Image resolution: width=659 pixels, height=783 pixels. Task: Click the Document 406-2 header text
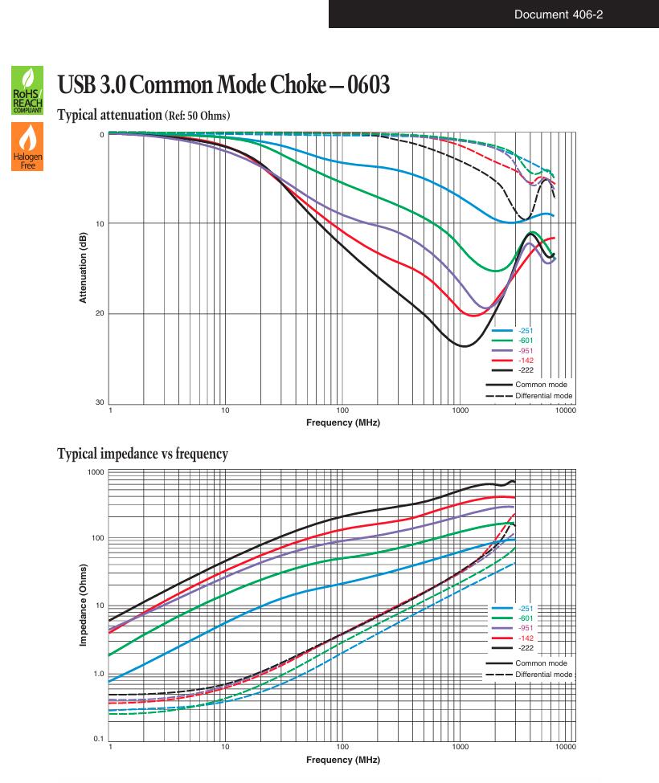point(558,14)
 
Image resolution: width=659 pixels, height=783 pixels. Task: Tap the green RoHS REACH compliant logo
point(27,91)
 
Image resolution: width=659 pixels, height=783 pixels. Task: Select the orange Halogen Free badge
point(27,147)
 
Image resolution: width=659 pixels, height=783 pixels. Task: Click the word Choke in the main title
point(298,84)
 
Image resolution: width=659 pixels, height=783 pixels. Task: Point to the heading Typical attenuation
point(109,115)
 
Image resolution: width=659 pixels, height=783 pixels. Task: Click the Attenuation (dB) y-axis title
point(83,267)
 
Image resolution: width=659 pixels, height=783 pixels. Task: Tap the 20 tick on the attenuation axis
point(100,313)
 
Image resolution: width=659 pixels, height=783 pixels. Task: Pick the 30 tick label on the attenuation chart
point(100,402)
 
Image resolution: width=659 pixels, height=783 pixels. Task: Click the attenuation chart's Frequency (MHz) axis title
point(342,422)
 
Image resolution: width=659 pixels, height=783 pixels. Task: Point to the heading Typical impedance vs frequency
point(142,454)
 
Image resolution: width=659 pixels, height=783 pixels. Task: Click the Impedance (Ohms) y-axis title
point(83,605)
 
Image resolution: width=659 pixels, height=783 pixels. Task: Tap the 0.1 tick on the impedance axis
point(98,739)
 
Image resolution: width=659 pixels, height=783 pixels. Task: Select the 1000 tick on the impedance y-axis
point(96,472)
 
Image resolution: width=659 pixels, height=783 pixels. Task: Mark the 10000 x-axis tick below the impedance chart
point(566,747)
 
